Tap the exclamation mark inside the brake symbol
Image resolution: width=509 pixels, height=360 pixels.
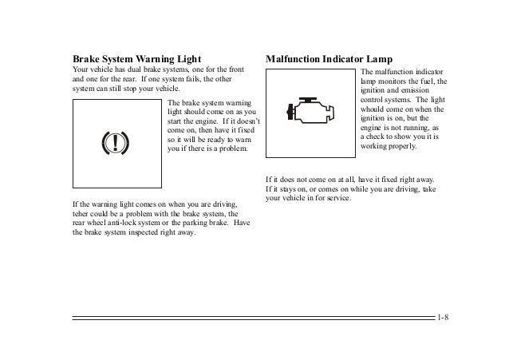tap(116, 143)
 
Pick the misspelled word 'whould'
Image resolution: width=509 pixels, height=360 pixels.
tap(374, 109)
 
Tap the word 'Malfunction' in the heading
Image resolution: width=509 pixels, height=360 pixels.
tap(293, 59)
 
